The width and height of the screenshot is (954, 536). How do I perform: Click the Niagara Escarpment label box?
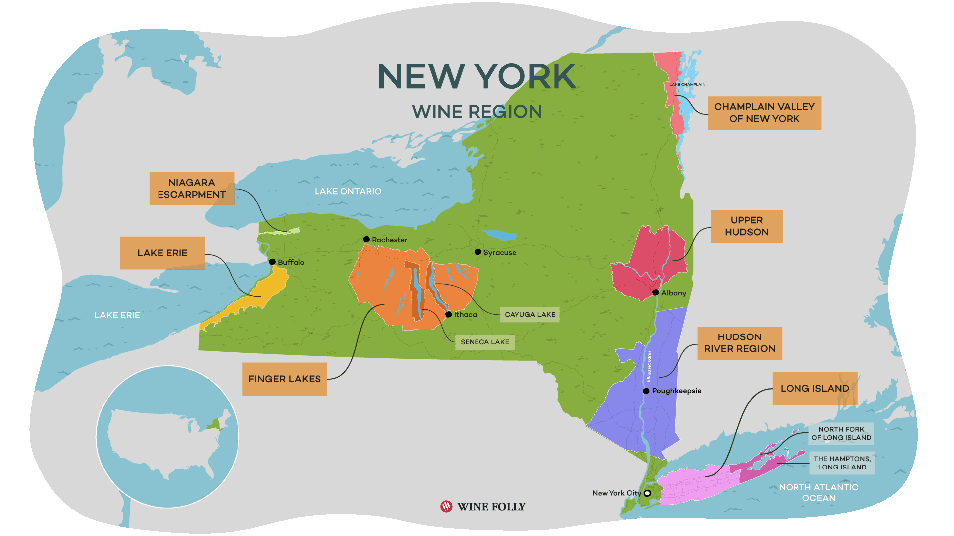pos(191,189)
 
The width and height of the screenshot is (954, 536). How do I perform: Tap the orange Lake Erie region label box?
pos(162,253)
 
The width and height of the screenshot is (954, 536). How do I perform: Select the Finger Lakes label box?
pos(285,379)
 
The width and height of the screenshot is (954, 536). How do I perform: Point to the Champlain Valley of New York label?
pos(764,113)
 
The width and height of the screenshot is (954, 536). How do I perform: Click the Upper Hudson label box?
pos(746,226)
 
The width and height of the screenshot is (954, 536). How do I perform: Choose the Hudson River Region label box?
pos(739,343)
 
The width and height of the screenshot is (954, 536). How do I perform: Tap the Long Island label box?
pos(814,389)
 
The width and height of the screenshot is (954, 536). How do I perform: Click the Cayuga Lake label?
pos(530,315)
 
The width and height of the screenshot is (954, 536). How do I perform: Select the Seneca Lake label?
pos(484,342)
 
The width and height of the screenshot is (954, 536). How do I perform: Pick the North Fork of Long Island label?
pos(841,433)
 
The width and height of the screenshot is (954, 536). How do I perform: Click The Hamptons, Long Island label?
pos(842,463)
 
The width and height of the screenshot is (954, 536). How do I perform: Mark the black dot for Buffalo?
pos(272,262)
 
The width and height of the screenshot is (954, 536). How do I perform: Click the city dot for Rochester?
pos(366,239)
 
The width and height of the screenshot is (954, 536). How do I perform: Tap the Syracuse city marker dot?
pos(478,252)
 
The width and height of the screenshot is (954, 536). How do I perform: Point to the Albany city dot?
pos(656,292)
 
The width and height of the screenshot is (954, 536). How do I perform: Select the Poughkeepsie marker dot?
pos(646,391)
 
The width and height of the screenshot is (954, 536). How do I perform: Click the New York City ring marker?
pos(648,493)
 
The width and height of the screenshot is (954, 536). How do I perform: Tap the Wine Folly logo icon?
pos(446,506)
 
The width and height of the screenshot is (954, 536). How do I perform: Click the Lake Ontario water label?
pos(348,191)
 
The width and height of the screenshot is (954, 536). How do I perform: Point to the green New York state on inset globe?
pos(214,425)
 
